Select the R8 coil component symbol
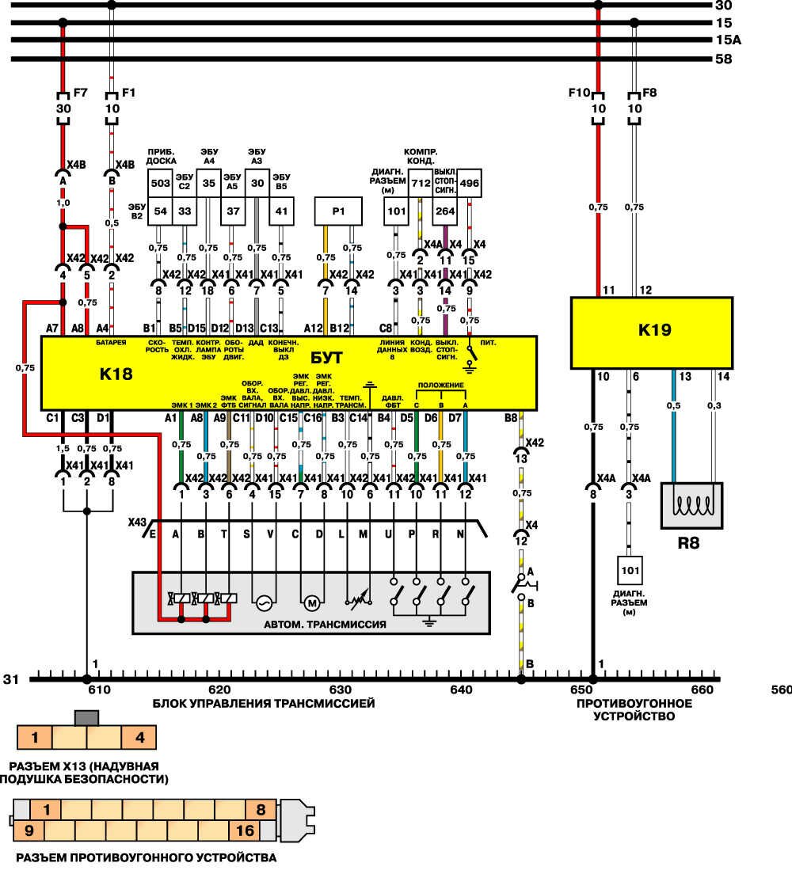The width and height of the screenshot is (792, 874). tap(691, 505)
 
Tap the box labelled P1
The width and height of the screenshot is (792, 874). tap(338, 211)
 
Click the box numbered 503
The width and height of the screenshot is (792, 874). tap(160, 184)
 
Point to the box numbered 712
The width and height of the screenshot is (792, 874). tap(421, 184)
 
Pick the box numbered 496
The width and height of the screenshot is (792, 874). tap(470, 184)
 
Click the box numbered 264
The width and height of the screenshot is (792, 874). tap(445, 211)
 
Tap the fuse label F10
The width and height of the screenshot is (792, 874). tap(579, 92)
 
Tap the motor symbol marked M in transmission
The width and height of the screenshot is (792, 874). tap(312, 603)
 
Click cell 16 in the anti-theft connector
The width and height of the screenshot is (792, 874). tap(245, 830)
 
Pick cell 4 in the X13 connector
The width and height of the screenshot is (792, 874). tap(140, 738)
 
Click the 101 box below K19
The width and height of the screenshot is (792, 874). tap(630, 570)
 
